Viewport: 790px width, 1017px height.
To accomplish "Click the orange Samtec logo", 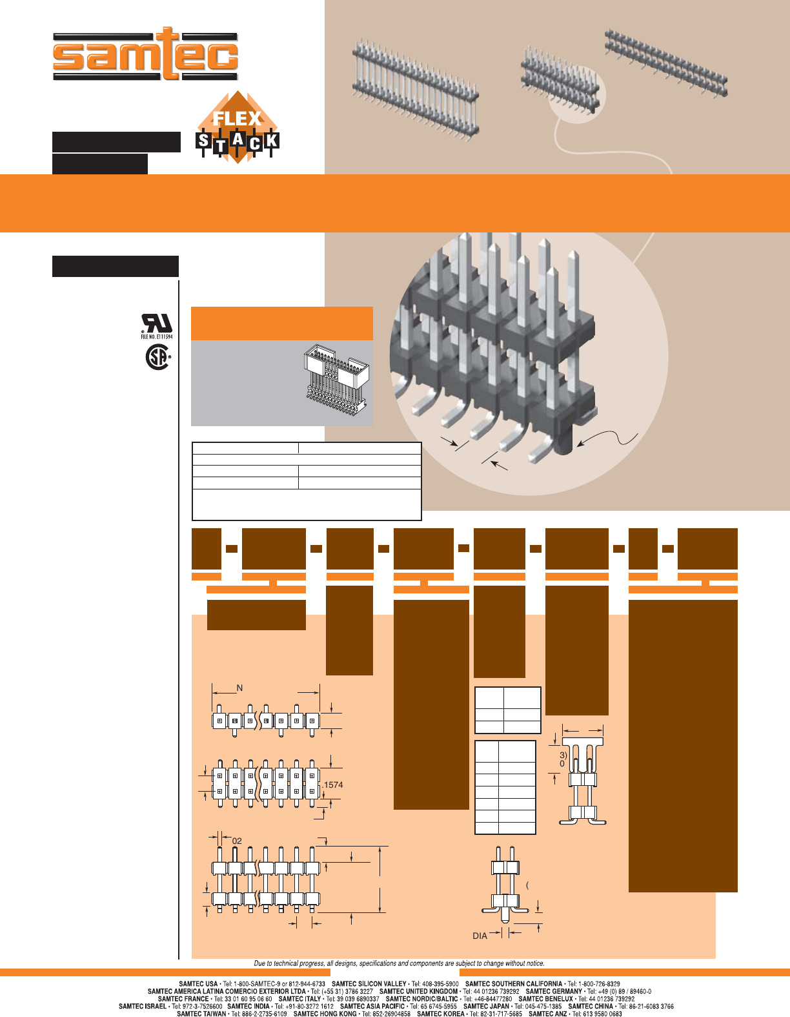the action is tap(145, 54).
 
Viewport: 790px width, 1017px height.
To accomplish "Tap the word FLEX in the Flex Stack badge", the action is tap(237, 118).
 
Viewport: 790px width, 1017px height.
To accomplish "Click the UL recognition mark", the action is tap(157, 324).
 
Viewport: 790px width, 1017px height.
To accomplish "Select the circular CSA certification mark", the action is tap(158, 357).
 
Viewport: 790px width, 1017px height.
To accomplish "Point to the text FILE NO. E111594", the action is tap(157, 336).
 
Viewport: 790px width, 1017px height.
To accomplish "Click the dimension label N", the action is tap(239, 688).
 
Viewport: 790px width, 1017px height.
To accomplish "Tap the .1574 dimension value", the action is tap(332, 785).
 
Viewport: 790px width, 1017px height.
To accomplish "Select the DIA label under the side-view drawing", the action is tap(480, 936).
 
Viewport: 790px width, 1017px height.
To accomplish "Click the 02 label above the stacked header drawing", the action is tap(237, 841).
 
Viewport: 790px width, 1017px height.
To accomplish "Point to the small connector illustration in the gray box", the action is tap(336, 378).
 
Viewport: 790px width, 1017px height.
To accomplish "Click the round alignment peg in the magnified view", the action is tap(563, 443).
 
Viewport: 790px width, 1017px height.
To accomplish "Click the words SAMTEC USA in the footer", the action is tap(198, 984).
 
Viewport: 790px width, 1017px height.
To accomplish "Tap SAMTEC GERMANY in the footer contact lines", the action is tap(554, 992).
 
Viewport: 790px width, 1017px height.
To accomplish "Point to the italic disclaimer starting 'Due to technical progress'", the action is tap(399, 963).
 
